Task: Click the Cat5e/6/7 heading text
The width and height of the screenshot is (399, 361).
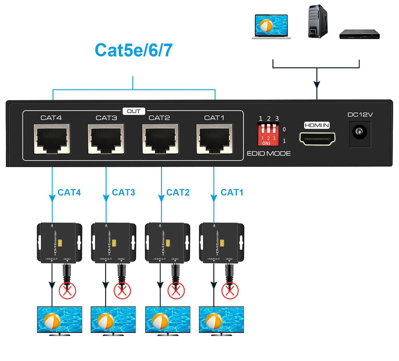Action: (134, 50)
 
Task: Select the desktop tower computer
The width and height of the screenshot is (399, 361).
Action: (318, 21)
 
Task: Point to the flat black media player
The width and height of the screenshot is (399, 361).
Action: (359, 35)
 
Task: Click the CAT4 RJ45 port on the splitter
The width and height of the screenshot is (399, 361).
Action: (52, 139)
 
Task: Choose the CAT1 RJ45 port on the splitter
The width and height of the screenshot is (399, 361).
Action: (214, 139)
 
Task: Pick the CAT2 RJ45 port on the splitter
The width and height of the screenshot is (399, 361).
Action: (160, 139)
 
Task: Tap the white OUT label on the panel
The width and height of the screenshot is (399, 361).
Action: (134, 111)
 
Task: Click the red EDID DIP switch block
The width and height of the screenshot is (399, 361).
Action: (268, 134)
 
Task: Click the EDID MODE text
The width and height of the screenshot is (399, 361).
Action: (269, 154)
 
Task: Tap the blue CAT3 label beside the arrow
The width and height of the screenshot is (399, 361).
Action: (123, 192)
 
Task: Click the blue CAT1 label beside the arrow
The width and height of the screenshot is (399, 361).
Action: (232, 192)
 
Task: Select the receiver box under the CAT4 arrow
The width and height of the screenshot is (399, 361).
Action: (59, 243)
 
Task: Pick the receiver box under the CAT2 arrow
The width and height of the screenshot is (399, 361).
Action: (168, 243)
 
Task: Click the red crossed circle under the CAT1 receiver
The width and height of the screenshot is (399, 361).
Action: (230, 291)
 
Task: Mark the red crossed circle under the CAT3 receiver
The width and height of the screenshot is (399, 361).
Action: (122, 291)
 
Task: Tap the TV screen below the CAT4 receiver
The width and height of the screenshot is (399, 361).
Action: (60, 320)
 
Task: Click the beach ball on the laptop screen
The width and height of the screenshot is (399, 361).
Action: (266, 26)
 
